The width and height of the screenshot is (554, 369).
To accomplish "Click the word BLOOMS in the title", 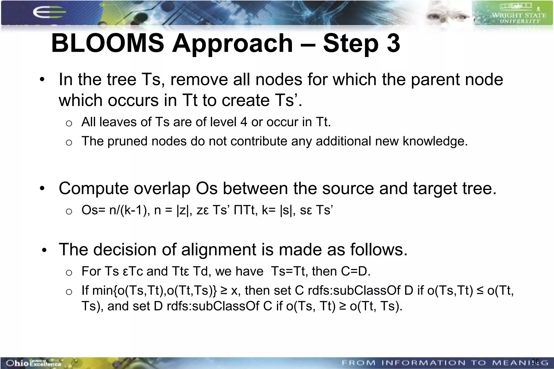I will (107, 43).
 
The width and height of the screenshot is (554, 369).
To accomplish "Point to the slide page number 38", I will (535, 361).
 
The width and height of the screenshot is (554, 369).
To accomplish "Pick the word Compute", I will (93, 188).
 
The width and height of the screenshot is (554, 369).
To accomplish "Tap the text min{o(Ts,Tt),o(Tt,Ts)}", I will (154, 291).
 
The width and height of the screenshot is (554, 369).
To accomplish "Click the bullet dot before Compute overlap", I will (42, 188).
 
